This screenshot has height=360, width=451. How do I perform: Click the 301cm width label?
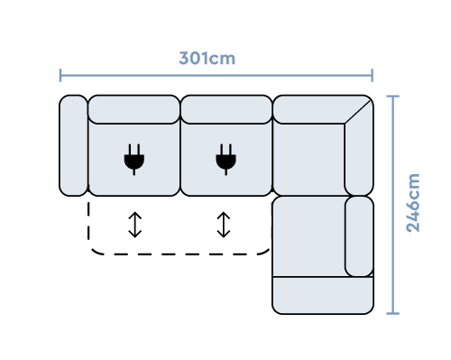click(207, 59)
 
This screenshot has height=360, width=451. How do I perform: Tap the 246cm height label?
click(412, 203)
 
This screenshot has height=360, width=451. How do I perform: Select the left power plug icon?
click(133, 159)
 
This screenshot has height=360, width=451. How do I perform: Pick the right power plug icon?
click(225, 159)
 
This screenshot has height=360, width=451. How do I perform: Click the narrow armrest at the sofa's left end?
click(74, 144)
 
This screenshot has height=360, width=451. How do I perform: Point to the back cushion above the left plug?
click(133, 109)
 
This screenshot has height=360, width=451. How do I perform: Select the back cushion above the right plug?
click(225, 109)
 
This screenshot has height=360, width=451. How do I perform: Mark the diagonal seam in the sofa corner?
click(358, 111)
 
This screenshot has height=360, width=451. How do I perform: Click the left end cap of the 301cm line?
click(60, 75)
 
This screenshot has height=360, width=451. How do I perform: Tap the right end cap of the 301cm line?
click(372, 75)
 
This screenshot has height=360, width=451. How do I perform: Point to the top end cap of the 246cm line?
click(392, 96)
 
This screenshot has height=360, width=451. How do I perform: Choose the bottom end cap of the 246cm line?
click(392, 313)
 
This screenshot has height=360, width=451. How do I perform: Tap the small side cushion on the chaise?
click(359, 235)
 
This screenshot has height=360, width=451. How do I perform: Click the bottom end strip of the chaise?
click(322, 295)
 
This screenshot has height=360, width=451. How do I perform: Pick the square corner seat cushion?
click(308, 158)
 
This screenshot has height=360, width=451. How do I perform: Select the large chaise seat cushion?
click(308, 235)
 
